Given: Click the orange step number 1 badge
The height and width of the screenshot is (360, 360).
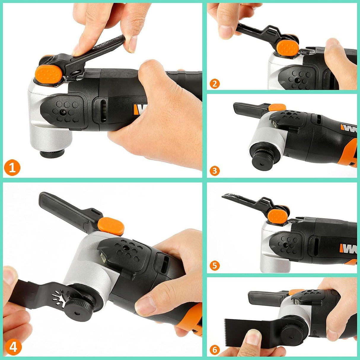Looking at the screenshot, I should tap(12, 168).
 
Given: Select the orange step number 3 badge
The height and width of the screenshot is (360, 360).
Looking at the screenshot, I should tap(214, 171).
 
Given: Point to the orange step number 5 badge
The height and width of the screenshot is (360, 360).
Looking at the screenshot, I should tap(214, 265).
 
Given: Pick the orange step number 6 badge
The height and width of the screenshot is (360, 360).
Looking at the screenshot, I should tap(214, 350).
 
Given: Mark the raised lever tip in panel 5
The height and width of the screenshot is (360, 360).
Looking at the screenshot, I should tap(228, 196).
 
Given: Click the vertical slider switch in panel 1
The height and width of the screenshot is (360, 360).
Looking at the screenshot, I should tap(103, 110).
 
